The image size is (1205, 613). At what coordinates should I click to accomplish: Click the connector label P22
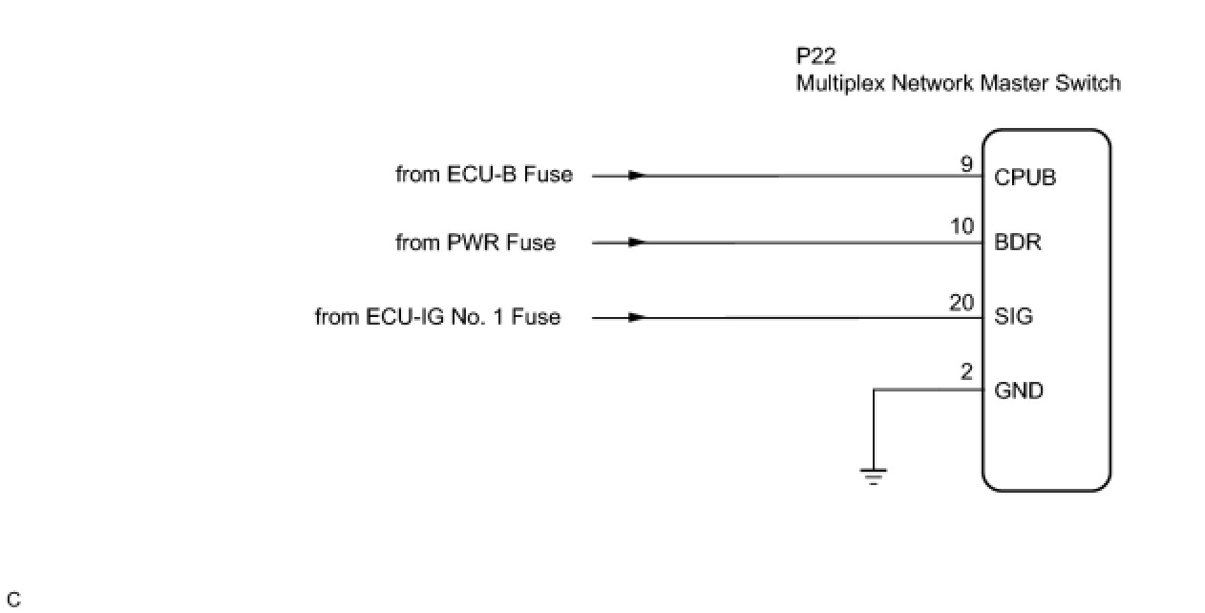[815, 56]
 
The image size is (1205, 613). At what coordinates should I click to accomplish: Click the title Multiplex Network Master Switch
[958, 83]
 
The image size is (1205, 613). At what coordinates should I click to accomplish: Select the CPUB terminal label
[1025, 178]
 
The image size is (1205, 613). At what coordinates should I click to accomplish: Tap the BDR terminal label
[1017, 243]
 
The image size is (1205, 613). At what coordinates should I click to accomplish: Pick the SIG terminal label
[1013, 317]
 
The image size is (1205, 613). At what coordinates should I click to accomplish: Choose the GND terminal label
[1019, 391]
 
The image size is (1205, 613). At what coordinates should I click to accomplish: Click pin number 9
[966, 164]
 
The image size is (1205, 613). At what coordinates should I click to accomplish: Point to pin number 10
[962, 227]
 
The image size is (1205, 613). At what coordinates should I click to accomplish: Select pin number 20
[962, 303]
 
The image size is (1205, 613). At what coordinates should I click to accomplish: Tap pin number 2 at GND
[966, 373]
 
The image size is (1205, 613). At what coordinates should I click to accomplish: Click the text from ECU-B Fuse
[484, 175]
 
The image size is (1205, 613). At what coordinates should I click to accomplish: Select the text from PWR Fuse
[475, 243]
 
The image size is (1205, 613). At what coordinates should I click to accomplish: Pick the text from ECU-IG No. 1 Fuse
[437, 317]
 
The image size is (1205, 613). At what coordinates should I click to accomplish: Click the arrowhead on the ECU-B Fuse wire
[637, 176]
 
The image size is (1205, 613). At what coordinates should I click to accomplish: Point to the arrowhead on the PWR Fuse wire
[637, 243]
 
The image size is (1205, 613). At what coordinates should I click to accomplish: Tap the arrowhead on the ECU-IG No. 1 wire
[637, 317]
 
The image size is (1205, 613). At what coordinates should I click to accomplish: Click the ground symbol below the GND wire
[874, 476]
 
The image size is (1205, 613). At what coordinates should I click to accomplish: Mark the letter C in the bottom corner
[13, 601]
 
